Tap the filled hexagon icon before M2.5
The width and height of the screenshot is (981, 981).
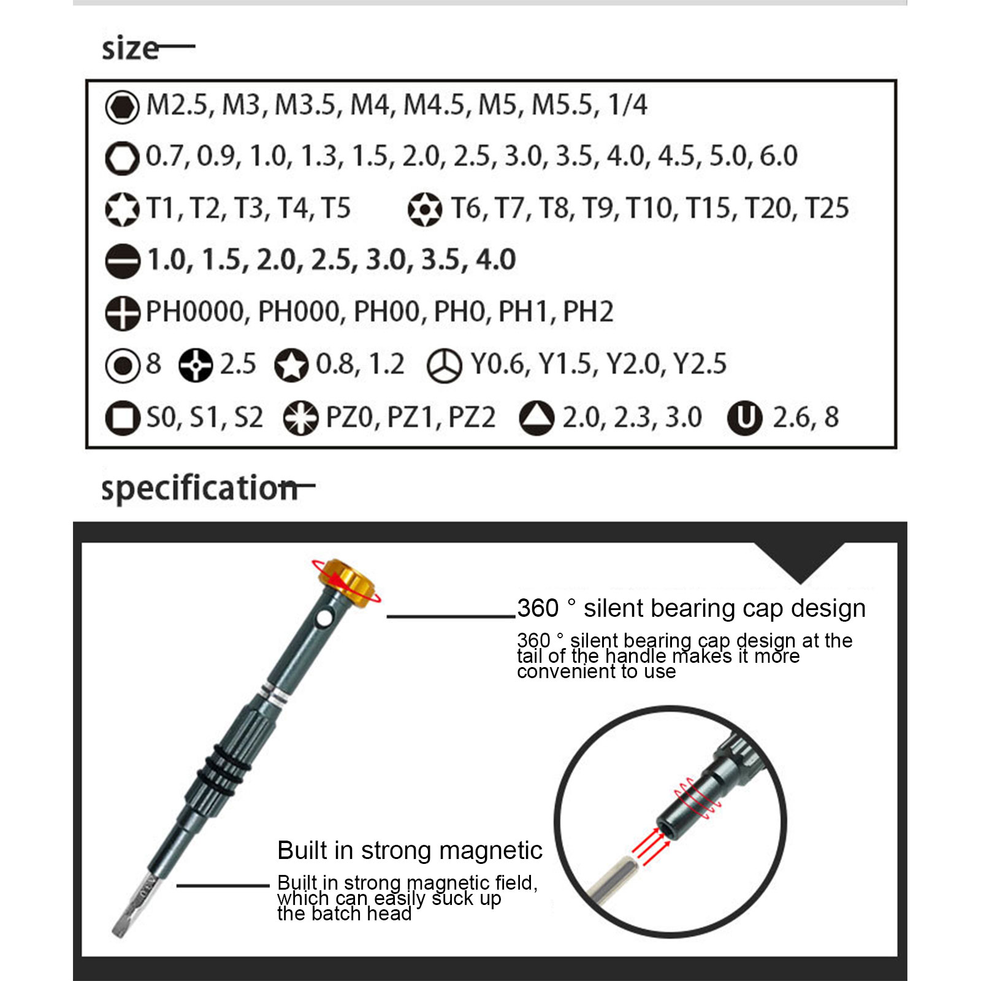point(122,107)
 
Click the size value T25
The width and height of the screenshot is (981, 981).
point(827,208)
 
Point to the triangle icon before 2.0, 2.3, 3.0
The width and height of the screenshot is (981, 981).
point(536,418)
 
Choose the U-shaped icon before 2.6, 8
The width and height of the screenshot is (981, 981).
point(744,418)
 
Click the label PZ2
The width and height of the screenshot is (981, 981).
point(471,418)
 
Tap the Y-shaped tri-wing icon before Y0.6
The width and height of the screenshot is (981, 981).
point(444,366)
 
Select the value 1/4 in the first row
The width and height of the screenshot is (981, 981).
point(627,105)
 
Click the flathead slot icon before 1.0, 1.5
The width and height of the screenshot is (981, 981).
point(123,261)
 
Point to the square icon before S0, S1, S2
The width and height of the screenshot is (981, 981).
point(123,418)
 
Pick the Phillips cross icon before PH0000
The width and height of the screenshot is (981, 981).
point(123,313)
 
